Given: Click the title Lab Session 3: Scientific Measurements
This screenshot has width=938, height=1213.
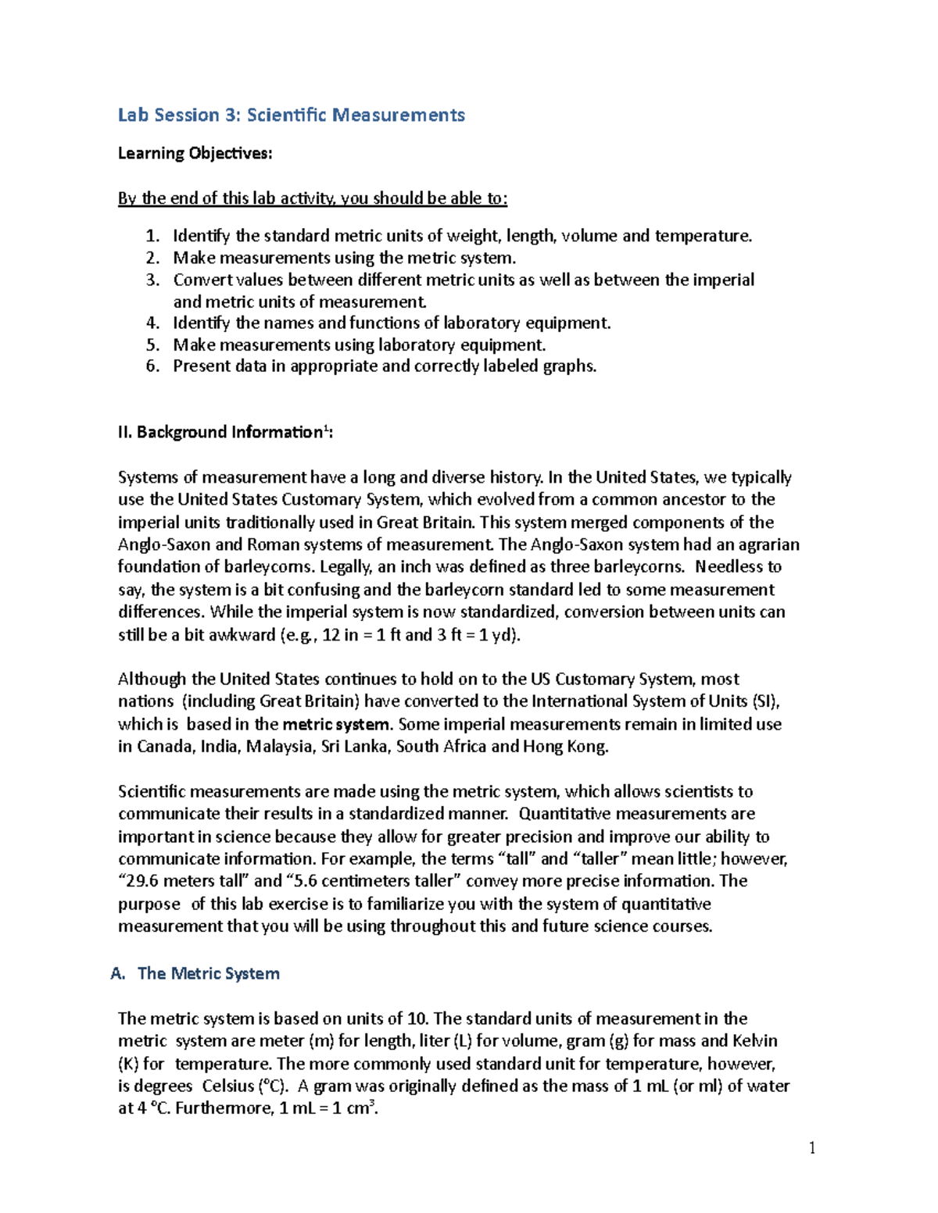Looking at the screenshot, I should tap(291, 115).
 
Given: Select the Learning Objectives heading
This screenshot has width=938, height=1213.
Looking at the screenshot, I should tap(195, 153).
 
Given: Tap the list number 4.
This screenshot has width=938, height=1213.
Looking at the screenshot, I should tap(152, 323).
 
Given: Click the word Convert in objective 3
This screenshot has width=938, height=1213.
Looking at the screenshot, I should tap(202, 280).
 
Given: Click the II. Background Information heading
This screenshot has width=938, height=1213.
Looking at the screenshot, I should tap(224, 432).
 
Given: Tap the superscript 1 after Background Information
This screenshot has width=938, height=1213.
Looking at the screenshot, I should tap(326, 427).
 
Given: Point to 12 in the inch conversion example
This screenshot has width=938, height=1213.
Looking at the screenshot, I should tap(331, 635).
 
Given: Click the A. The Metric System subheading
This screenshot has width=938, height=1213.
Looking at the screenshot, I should tap(195, 973).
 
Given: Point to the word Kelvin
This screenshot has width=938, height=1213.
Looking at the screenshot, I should tap(755, 1041).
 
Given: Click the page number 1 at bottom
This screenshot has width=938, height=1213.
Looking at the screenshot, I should tap(812, 1147).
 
